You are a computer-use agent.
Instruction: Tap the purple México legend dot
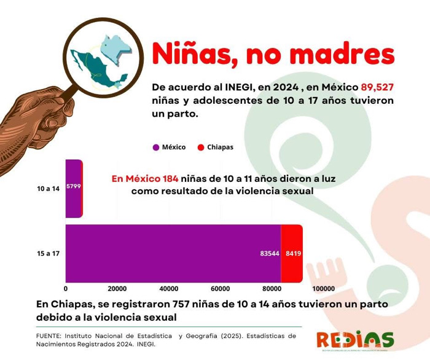coord(156,147)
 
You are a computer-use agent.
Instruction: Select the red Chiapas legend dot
coord(200,147)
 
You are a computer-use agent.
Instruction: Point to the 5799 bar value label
coord(74,186)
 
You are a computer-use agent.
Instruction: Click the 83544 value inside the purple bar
coord(265,253)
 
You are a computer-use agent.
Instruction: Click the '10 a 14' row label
coord(48,189)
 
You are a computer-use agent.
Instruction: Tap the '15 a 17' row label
coord(48,253)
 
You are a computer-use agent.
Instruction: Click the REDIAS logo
coord(355,340)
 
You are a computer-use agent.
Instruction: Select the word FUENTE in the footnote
coord(50,336)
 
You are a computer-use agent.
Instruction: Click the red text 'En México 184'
coord(145,179)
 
